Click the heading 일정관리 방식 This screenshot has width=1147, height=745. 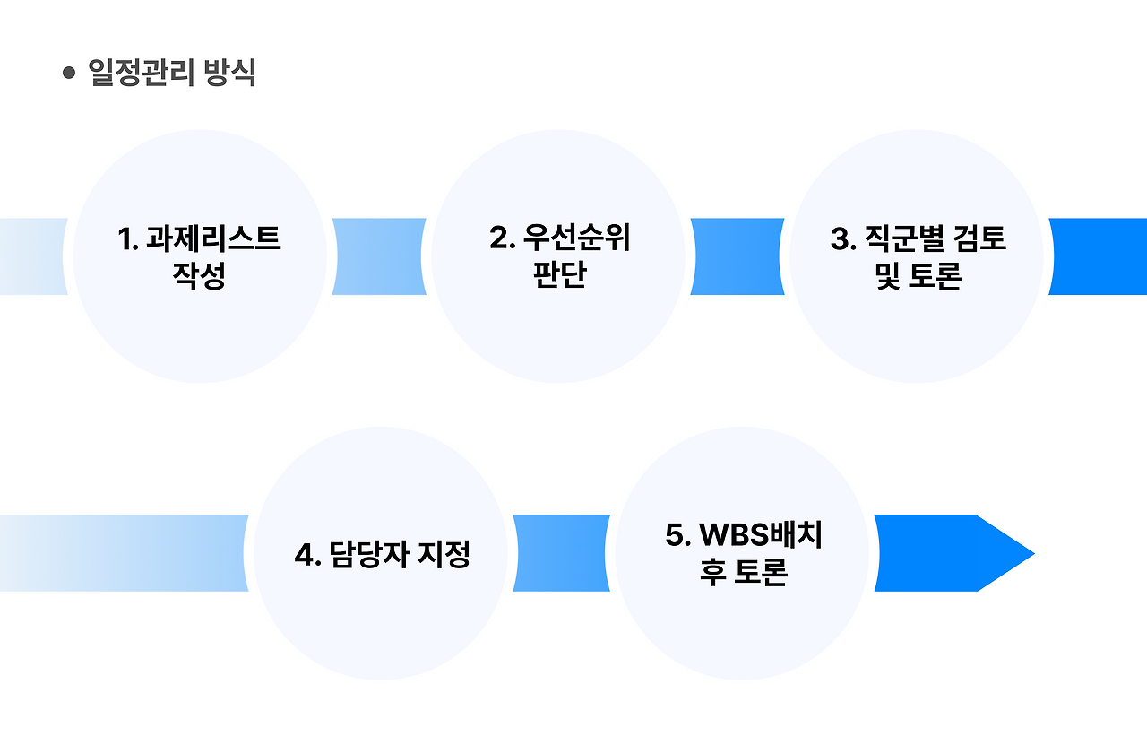click(x=172, y=74)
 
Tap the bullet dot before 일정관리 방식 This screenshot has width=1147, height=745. click(x=69, y=74)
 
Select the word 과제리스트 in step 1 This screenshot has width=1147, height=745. click(x=213, y=239)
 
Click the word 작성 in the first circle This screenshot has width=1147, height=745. click(x=199, y=275)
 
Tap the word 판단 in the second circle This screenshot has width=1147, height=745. click(x=558, y=275)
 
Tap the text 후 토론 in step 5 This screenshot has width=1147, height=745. click(x=743, y=573)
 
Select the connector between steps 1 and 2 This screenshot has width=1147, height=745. click(x=379, y=256)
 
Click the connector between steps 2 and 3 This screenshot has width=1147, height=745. click(x=737, y=256)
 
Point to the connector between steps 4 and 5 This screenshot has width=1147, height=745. click(x=561, y=553)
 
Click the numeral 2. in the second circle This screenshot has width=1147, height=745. click(x=502, y=239)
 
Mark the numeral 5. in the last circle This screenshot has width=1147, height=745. click(x=677, y=535)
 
